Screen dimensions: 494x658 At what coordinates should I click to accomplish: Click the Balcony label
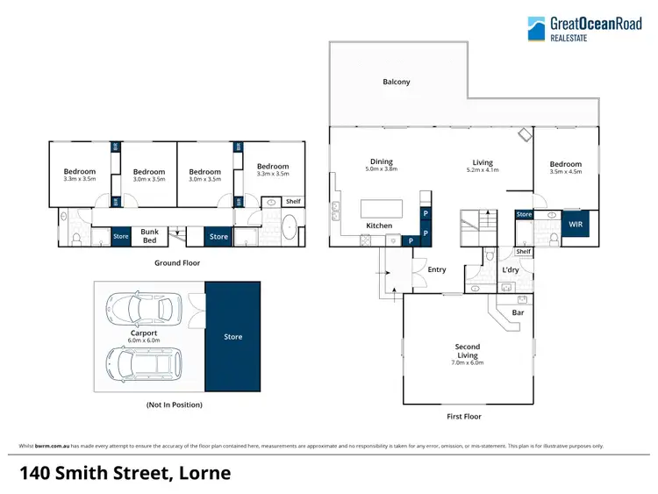pos(396,82)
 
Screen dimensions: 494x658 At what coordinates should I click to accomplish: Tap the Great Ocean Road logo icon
pos(536,29)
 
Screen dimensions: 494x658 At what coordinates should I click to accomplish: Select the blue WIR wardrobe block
pos(576,225)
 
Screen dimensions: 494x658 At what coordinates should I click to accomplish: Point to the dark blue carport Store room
pos(232,336)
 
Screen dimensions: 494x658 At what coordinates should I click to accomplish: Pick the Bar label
pos(518,311)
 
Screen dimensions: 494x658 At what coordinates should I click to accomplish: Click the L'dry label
pos(511,270)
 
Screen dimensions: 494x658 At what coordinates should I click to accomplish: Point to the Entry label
pos(437,269)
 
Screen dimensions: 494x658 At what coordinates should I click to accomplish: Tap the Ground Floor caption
pos(179,262)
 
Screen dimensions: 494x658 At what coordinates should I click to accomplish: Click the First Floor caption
pos(464,417)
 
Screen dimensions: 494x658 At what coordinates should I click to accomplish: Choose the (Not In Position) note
pos(174,405)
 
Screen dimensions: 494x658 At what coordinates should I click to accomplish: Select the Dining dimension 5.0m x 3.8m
pos(381,169)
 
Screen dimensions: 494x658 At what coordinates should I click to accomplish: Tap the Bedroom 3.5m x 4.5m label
pos(565,168)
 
